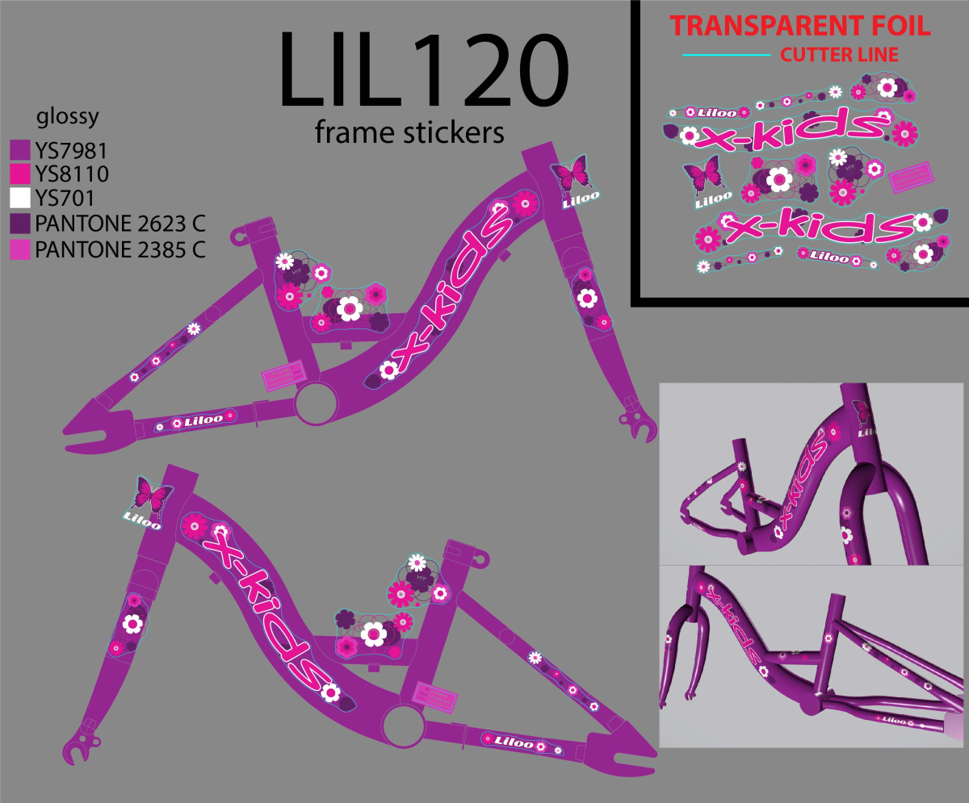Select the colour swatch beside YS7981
19,150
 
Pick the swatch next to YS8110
19,174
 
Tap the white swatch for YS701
19,198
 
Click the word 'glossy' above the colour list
68,117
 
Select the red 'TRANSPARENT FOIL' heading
799,26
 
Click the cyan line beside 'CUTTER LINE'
726,55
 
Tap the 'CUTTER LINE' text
840,56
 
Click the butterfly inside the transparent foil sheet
700,174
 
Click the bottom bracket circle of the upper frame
314,401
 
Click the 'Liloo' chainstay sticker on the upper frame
197,420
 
